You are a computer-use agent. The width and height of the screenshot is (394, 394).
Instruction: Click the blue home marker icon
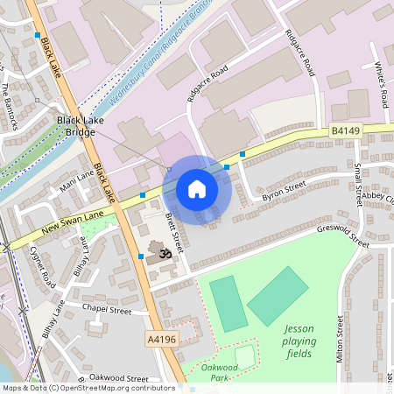click(197, 189)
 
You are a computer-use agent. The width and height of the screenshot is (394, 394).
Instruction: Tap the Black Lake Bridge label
click(75, 126)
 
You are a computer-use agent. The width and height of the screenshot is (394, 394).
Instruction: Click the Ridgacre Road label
click(208, 83)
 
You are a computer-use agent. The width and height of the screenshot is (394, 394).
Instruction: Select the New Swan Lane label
click(66, 226)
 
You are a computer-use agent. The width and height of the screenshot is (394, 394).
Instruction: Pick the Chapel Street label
click(106, 309)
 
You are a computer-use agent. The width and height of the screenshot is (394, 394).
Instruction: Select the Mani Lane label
click(77, 180)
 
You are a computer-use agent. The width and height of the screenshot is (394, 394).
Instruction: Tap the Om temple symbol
click(158, 255)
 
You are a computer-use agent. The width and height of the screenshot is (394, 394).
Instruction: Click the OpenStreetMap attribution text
click(88, 388)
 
